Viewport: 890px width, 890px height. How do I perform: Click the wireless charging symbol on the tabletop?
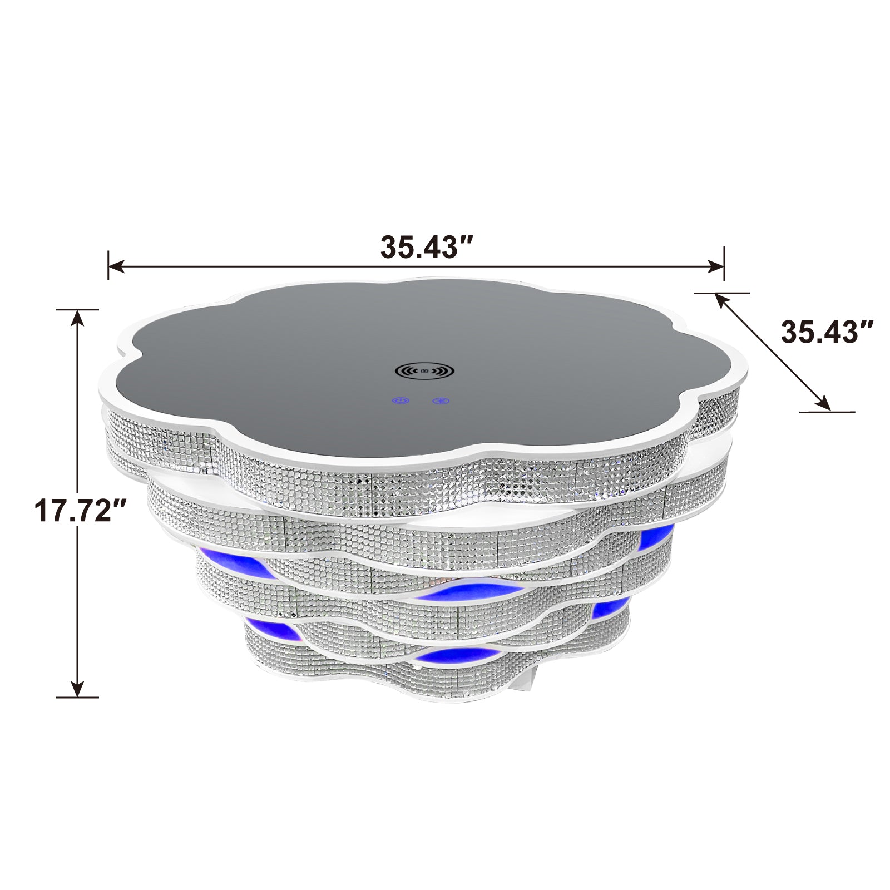pyautogui.click(x=425, y=370)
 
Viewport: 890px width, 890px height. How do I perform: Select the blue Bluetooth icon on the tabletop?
pyautogui.click(x=442, y=400)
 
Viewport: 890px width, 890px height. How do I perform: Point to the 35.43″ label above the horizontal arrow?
pyautogui.click(x=427, y=246)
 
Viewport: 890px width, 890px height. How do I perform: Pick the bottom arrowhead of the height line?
pyautogui.click(x=77, y=689)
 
